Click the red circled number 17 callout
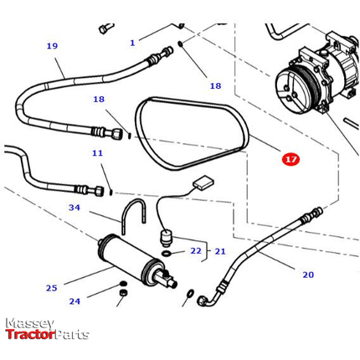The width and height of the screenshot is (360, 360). [291, 159]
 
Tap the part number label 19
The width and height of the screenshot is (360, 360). [52, 46]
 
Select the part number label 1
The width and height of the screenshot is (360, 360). [131, 42]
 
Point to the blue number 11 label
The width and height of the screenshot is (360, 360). [97, 153]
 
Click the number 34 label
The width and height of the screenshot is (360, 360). [75, 208]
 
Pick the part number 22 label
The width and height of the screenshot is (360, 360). [196, 250]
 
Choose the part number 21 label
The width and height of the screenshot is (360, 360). [220, 251]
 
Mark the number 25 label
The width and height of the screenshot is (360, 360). [52, 288]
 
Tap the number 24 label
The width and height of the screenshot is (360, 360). [75, 301]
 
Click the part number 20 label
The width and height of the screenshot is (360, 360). [308, 275]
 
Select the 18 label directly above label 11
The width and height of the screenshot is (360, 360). [99, 100]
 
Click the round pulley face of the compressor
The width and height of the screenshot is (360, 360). [294, 86]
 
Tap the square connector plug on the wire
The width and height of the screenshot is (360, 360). [203, 184]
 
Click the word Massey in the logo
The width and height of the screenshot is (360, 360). [29, 324]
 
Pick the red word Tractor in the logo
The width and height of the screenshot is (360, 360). [29, 335]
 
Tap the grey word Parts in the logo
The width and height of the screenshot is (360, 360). [71, 335]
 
